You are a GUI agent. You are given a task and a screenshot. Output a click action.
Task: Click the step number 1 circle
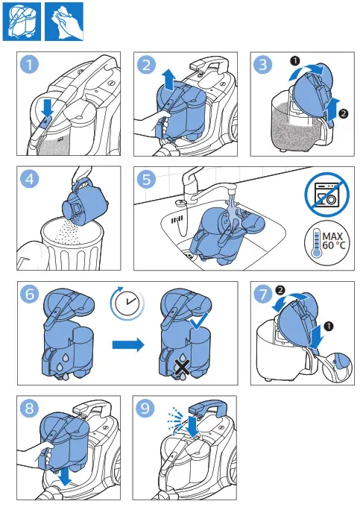[x=29, y=64]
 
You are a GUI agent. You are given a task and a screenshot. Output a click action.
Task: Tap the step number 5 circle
[x=146, y=179]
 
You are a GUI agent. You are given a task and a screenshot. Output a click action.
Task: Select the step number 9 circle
[x=145, y=408]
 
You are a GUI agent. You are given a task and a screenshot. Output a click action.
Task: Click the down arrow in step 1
[x=48, y=107]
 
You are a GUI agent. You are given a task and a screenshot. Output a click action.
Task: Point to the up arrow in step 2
[x=168, y=81]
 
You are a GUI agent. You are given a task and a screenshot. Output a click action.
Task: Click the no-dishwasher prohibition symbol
[x=327, y=195]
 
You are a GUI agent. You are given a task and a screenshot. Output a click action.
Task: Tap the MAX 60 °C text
[x=333, y=241]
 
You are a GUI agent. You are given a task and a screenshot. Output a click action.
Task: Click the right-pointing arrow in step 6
[x=128, y=345]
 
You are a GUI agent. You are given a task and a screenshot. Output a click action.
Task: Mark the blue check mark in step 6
[x=199, y=321]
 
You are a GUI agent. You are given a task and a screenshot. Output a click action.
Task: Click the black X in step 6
[x=183, y=369]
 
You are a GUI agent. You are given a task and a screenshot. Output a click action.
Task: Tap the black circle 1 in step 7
[x=329, y=327]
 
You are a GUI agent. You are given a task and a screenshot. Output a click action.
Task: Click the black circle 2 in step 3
[x=343, y=113]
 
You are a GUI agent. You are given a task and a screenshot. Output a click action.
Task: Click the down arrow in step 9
[x=193, y=426]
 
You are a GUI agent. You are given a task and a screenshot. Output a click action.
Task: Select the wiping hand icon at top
[x=64, y=22]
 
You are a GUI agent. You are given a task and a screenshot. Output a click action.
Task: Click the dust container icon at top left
[x=22, y=22]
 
